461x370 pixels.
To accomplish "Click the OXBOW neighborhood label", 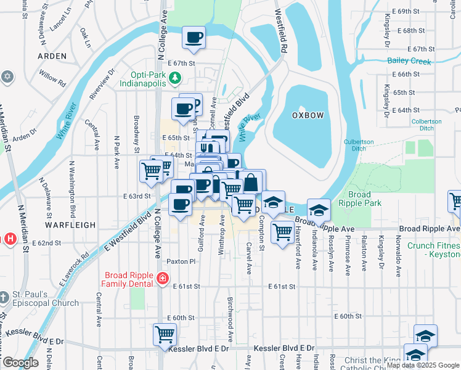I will click(x=304, y=115).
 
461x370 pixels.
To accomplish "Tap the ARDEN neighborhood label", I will click(x=52, y=56).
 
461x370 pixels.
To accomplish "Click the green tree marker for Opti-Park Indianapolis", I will click(x=175, y=77).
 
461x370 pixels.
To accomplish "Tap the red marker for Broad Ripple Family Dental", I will click(x=162, y=279).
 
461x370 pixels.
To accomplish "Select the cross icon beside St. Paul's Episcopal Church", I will click(x=4, y=298).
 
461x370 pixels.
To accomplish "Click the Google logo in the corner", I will click(x=21, y=363).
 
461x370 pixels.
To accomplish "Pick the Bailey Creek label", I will click(x=409, y=60).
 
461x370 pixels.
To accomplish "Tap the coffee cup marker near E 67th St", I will click(x=194, y=38).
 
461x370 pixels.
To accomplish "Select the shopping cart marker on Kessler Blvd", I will click(x=165, y=335).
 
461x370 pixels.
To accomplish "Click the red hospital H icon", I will click(x=9, y=238).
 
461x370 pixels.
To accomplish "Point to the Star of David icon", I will click(x=7, y=76).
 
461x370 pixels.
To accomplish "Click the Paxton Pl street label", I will click(x=181, y=261).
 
